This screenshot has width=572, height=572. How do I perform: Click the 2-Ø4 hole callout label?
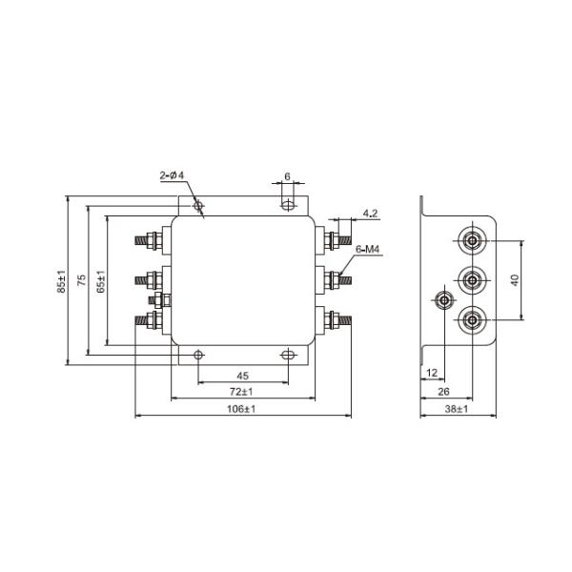[x=174, y=175]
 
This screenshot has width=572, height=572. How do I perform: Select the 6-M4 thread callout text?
[x=368, y=250]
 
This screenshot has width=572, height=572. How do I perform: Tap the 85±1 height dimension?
[x=61, y=283]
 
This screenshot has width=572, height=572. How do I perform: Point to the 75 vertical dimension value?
[x=82, y=281]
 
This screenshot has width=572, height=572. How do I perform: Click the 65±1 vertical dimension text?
[x=101, y=283]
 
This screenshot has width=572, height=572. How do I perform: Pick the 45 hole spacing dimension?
[x=242, y=375]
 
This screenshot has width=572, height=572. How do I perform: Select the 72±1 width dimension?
[x=242, y=392]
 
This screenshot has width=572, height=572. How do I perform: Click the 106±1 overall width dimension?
[x=243, y=408]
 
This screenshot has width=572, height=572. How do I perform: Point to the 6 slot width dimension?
[x=287, y=178]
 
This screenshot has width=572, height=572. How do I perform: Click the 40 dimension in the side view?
[x=515, y=280]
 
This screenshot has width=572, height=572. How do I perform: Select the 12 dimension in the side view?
[x=432, y=373]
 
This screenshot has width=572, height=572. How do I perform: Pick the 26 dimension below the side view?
[x=444, y=391]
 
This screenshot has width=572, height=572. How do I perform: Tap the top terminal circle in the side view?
[x=472, y=241]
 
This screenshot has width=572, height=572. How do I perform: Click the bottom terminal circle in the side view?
[x=472, y=320]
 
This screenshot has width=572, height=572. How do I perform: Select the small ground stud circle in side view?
[x=443, y=301]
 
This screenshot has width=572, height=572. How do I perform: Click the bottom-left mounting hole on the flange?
[x=197, y=355]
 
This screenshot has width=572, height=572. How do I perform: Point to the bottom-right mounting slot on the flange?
[x=287, y=355]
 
